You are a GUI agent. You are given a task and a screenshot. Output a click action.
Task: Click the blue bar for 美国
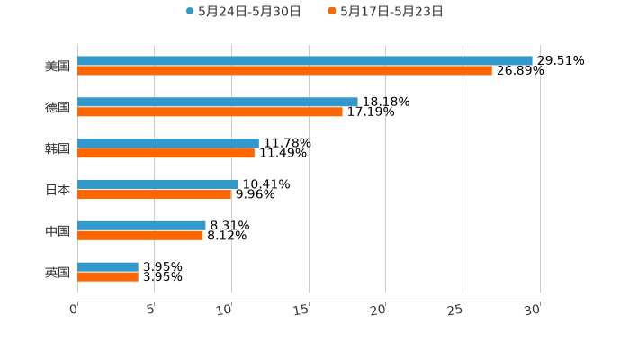pos(304,61)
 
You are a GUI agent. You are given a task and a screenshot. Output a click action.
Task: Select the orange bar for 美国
pos(284,71)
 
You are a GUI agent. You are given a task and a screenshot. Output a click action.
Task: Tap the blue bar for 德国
pos(218,103)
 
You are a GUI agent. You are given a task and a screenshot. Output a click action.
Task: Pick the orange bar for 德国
pos(210,112)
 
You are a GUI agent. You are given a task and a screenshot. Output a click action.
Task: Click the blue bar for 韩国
pos(168,144)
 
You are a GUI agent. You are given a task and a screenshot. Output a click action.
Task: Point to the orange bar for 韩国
pos(166,154)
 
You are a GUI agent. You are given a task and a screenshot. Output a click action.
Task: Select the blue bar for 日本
pos(157,184)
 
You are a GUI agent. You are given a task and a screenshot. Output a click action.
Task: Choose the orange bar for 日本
pos(155,194)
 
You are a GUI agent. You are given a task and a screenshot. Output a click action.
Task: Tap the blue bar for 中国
pos(141,226)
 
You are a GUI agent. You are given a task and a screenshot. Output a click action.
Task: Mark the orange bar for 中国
pos(140,236)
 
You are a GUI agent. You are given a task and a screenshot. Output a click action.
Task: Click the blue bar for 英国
pos(108,267)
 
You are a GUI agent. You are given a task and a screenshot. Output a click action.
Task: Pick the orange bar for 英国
pos(108,277)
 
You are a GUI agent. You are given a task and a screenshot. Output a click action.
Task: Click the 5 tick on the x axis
pos(151,310)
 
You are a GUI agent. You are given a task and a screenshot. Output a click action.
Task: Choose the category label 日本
pos(58,190)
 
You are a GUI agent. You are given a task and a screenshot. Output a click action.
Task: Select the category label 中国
pos(58,231)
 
